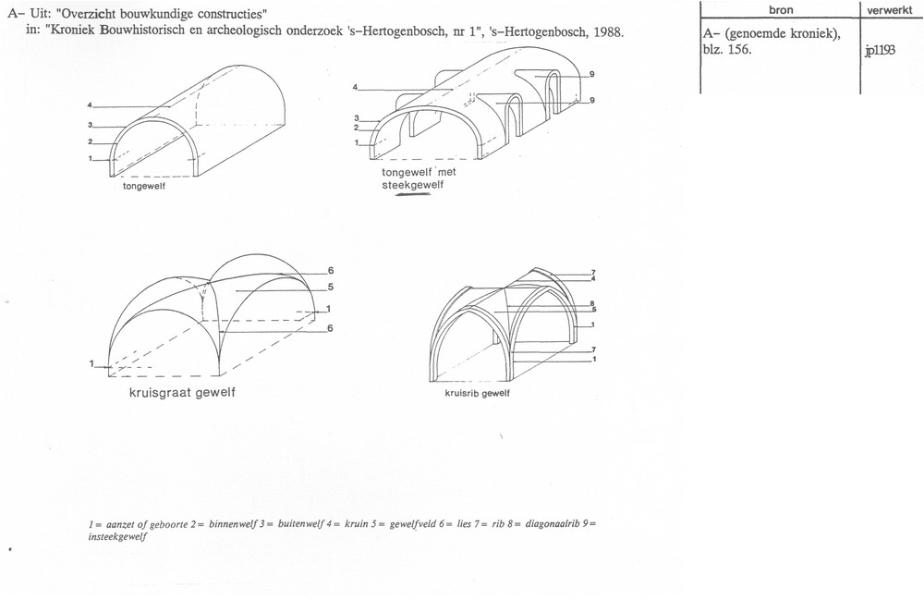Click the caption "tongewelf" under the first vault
pyautogui.click(x=144, y=187)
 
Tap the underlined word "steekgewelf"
pyautogui.click(x=412, y=185)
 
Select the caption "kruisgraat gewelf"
pyautogui.click(x=182, y=393)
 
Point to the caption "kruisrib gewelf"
pyautogui.click(x=478, y=394)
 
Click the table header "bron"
pyautogui.click(x=781, y=10)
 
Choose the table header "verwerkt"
pyautogui.click(x=889, y=10)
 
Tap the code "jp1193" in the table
pyautogui.click(x=881, y=51)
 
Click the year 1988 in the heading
pyautogui.click(x=608, y=32)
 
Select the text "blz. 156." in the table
pyautogui.click(x=726, y=50)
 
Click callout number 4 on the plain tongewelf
pyautogui.click(x=90, y=105)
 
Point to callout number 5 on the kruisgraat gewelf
pyautogui.click(x=331, y=287)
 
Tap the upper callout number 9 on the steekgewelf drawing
pyautogui.click(x=591, y=74)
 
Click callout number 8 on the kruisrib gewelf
pyautogui.click(x=592, y=304)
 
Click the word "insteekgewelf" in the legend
pyautogui.click(x=117, y=536)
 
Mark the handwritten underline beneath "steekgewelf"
pyautogui.click(x=414, y=195)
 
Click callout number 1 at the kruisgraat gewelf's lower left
pyautogui.click(x=91, y=364)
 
